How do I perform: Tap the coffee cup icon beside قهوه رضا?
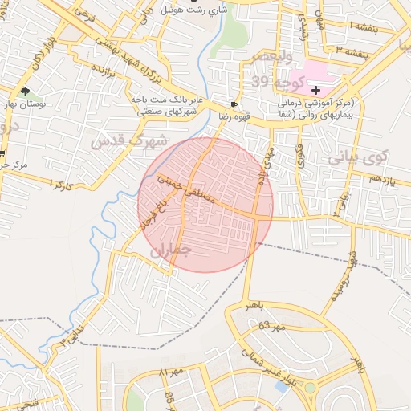click(234, 104)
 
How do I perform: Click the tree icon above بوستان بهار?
click(24, 92)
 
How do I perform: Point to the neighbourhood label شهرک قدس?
click(128, 142)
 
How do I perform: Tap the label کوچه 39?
click(277, 83)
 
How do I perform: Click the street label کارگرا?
click(61, 185)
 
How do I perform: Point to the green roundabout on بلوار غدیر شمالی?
click(310, 388)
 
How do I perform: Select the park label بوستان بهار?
click(25, 104)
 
